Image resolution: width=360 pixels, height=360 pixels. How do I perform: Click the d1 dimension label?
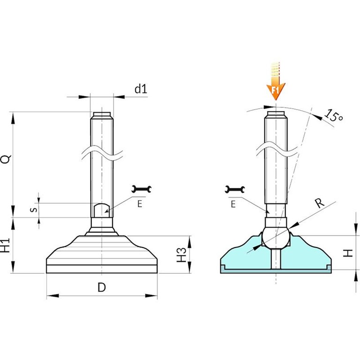click(141, 89)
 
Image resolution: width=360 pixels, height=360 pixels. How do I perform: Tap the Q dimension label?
click(6, 159)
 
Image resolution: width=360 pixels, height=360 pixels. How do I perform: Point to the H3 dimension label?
click(181, 255)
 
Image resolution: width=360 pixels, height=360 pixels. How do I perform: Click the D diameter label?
click(102, 287)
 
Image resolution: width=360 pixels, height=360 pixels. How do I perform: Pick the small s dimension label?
click(34, 210)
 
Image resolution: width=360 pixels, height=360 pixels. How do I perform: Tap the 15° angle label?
click(334, 116)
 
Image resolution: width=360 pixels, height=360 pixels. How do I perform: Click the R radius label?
click(319, 202)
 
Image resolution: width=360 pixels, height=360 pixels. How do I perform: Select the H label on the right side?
click(348, 253)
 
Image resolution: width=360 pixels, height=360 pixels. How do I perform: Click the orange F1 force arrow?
click(276, 81)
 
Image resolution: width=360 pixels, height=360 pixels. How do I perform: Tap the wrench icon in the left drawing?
click(142, 189)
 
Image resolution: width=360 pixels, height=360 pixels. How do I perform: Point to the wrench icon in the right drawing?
click(235, 189)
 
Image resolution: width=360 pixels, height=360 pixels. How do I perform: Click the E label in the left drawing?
click(140, 204)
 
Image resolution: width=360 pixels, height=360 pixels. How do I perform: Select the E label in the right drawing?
click(233, 204)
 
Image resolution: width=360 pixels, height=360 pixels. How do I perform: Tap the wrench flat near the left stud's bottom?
click(101, 210)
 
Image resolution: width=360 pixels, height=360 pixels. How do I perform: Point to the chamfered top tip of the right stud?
click(276, 115)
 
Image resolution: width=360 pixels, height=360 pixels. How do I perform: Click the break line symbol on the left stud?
click(102, 152)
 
